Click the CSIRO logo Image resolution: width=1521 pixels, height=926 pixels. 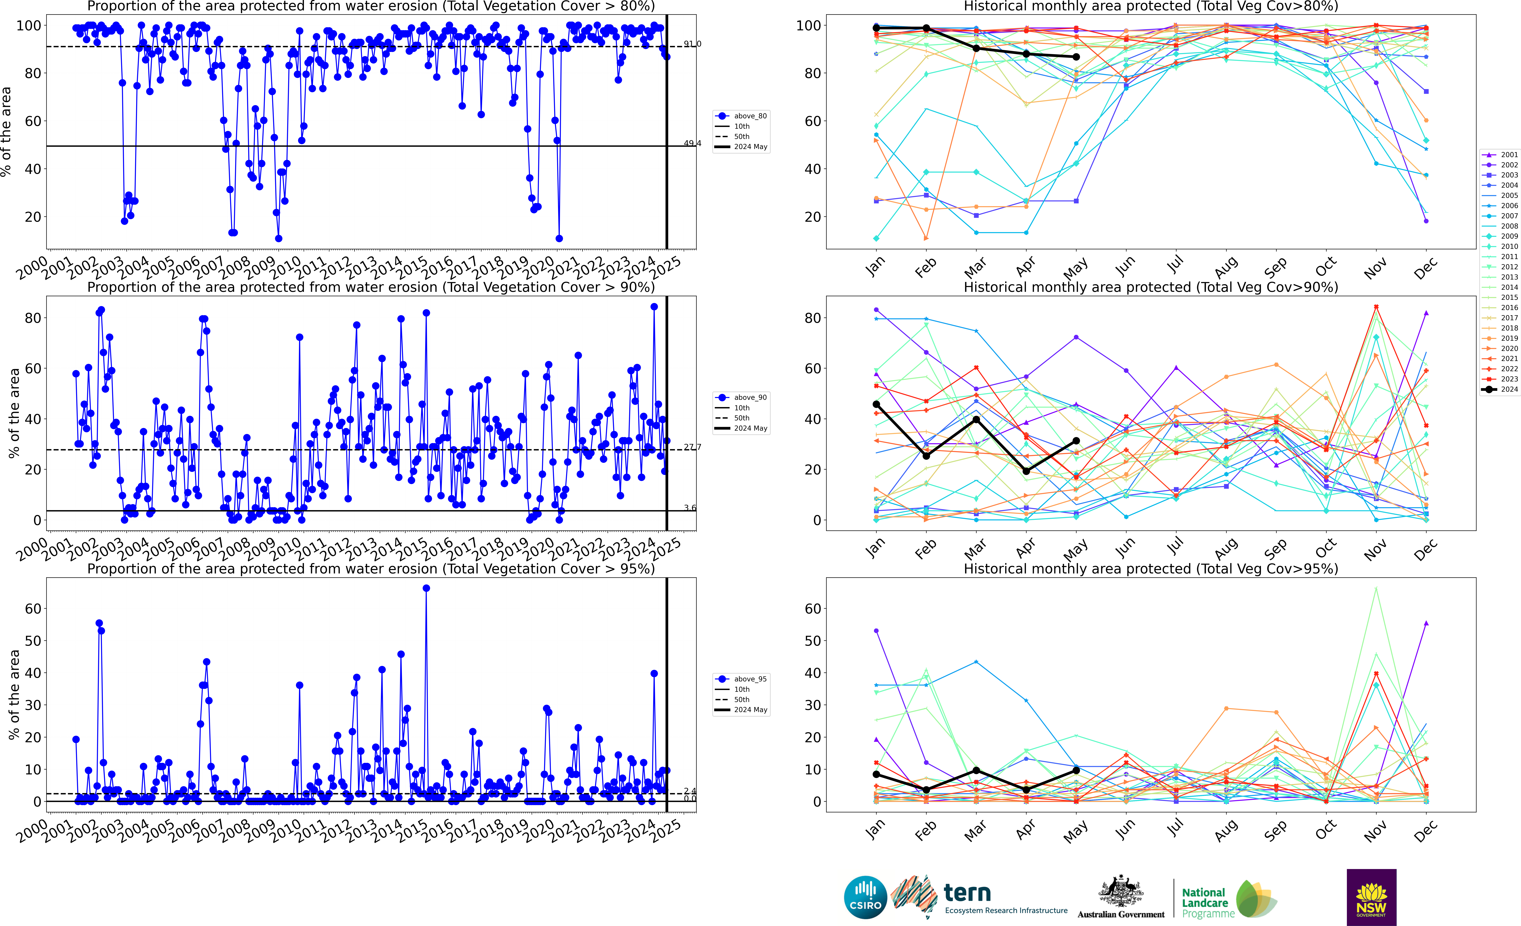click(865, 897)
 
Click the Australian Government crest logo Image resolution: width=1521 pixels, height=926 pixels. click(1120, 897)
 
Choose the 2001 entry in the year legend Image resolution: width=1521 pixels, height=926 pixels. click(1500, 155)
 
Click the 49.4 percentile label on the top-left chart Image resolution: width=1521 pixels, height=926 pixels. click(692, 143)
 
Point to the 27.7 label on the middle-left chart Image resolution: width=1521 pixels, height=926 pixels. click(692, 447)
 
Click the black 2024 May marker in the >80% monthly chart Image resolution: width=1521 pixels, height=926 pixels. click(1076, 57)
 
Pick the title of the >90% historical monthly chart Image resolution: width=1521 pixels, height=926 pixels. click(1151, 287)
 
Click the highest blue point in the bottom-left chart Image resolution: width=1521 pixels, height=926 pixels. click(426, 588)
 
